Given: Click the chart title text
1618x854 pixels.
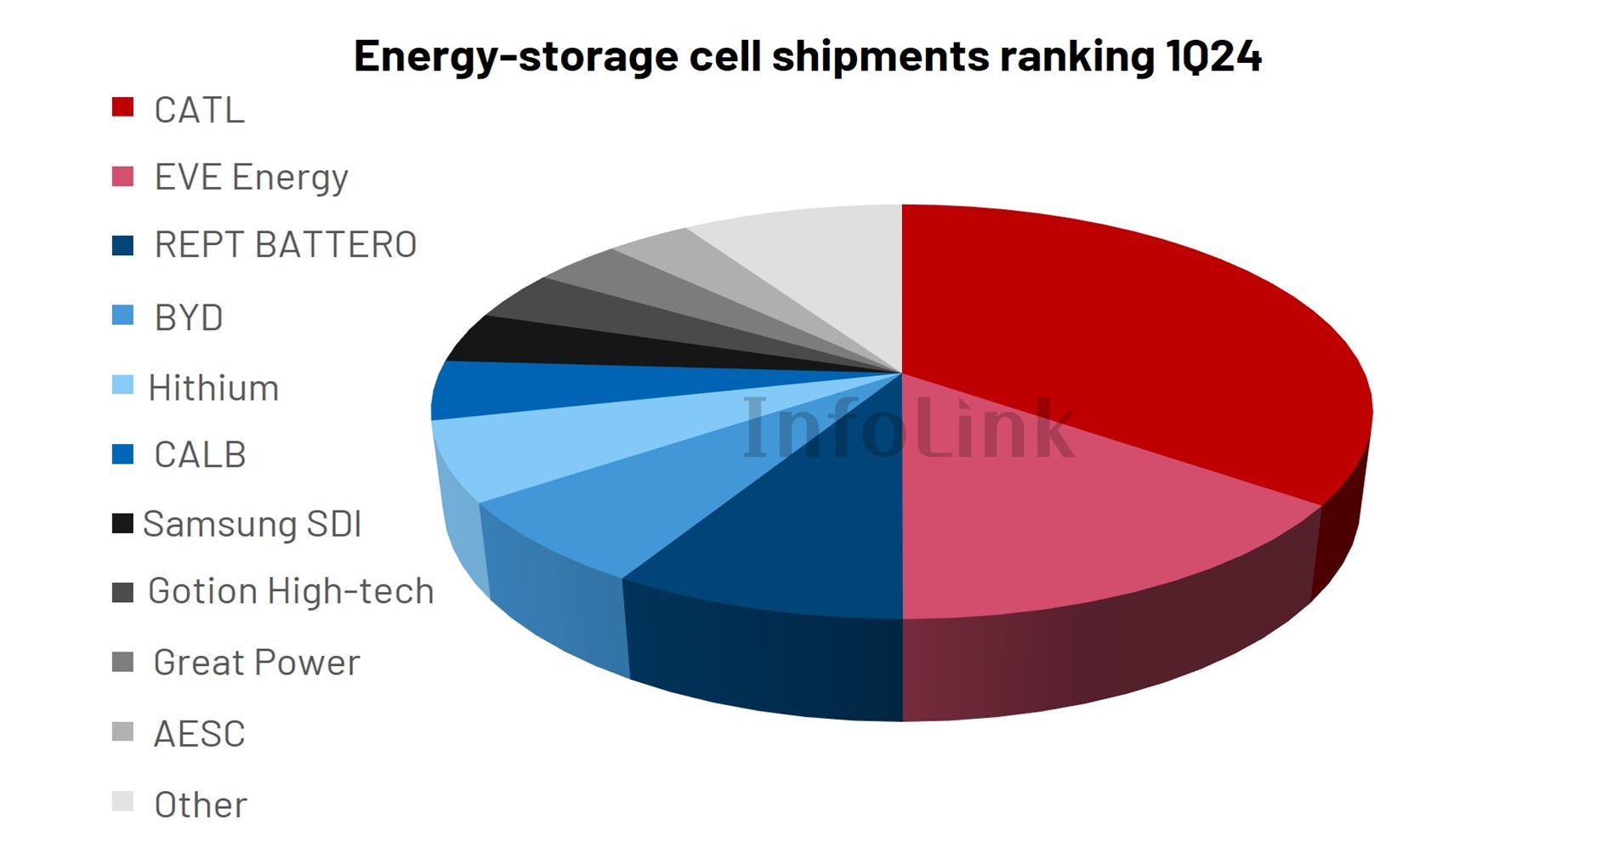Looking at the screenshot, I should pyautogui.click(x=807, y=56).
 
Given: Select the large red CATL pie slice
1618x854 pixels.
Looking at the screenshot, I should pyautogui.click(x=1105, y=340).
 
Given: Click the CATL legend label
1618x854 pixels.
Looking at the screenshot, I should pyautogui.click(x=199, y=111).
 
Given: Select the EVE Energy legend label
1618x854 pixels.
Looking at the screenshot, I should pyautogui.click(x=251, y=178).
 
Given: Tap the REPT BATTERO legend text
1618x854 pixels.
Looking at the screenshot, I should pyautogui.click(x=285, y=245).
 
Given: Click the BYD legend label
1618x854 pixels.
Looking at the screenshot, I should pyautogui.click(x=188, y=318).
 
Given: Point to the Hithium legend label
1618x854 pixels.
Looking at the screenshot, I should pyautogui.click(x=213, y=389).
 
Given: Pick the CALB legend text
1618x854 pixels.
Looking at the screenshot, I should pyautogui.click(x=200, y=456).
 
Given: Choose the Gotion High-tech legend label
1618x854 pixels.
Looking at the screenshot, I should pyautogui.click(x=291, y=591).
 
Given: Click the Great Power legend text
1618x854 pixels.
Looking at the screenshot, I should pyautogui.click(x=256, y=663).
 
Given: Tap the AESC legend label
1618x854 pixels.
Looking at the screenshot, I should pyautogui.click(x=199, y=734).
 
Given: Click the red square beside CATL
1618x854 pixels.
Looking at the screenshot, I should pyautogui.click(x=122, y=107).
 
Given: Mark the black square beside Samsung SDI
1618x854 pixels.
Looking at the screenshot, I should pyautogui.click(x=122, y=523).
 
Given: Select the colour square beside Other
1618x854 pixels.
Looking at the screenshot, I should pyautogui.click(x=122, y=801).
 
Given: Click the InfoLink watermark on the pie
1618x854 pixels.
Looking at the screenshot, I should pyautogui.click(x=908, y=428).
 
